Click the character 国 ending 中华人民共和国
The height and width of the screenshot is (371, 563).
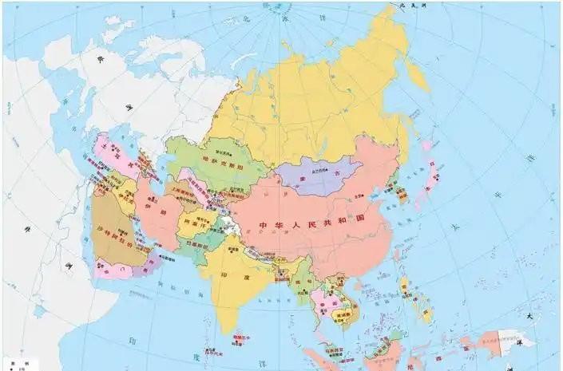(362, 218)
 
